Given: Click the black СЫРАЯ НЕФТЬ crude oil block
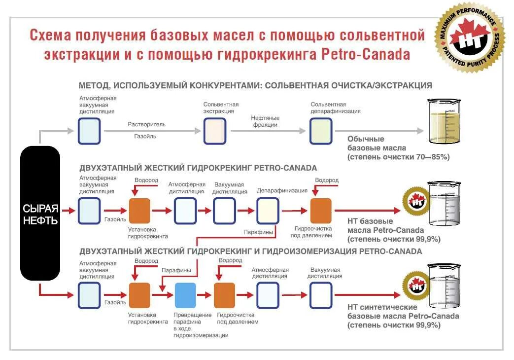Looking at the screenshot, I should (40, 213).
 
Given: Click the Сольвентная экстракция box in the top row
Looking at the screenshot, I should (215, 131).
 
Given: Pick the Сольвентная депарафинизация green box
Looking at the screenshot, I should (321, 131).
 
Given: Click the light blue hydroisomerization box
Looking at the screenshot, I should (185, 295).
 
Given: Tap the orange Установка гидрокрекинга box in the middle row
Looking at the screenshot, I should (139, 211).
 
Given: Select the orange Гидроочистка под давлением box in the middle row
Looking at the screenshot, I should (321, 211).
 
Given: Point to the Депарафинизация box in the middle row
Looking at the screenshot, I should (268, 211).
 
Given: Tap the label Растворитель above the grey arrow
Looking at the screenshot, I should (147, 124).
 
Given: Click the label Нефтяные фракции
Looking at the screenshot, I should (265, 121).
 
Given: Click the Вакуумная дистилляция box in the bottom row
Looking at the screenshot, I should (320, 295).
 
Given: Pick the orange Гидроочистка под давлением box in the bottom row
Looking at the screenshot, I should (224, 295).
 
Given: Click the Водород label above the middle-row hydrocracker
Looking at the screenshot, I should (146, 180).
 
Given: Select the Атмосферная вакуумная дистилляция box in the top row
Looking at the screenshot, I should (89, 131).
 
